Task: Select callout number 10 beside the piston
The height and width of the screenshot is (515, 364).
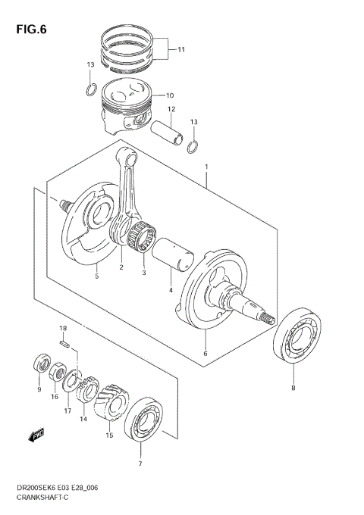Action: pos(170,95)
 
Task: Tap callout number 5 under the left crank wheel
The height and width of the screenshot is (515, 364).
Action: pos(96,276)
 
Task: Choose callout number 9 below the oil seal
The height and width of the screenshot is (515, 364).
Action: pos(39,389)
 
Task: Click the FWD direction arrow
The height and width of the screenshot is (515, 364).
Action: pos(36,435)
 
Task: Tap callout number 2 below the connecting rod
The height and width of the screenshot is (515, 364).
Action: pos(120,267)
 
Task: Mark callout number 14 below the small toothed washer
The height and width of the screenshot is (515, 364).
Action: pos(83,419)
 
